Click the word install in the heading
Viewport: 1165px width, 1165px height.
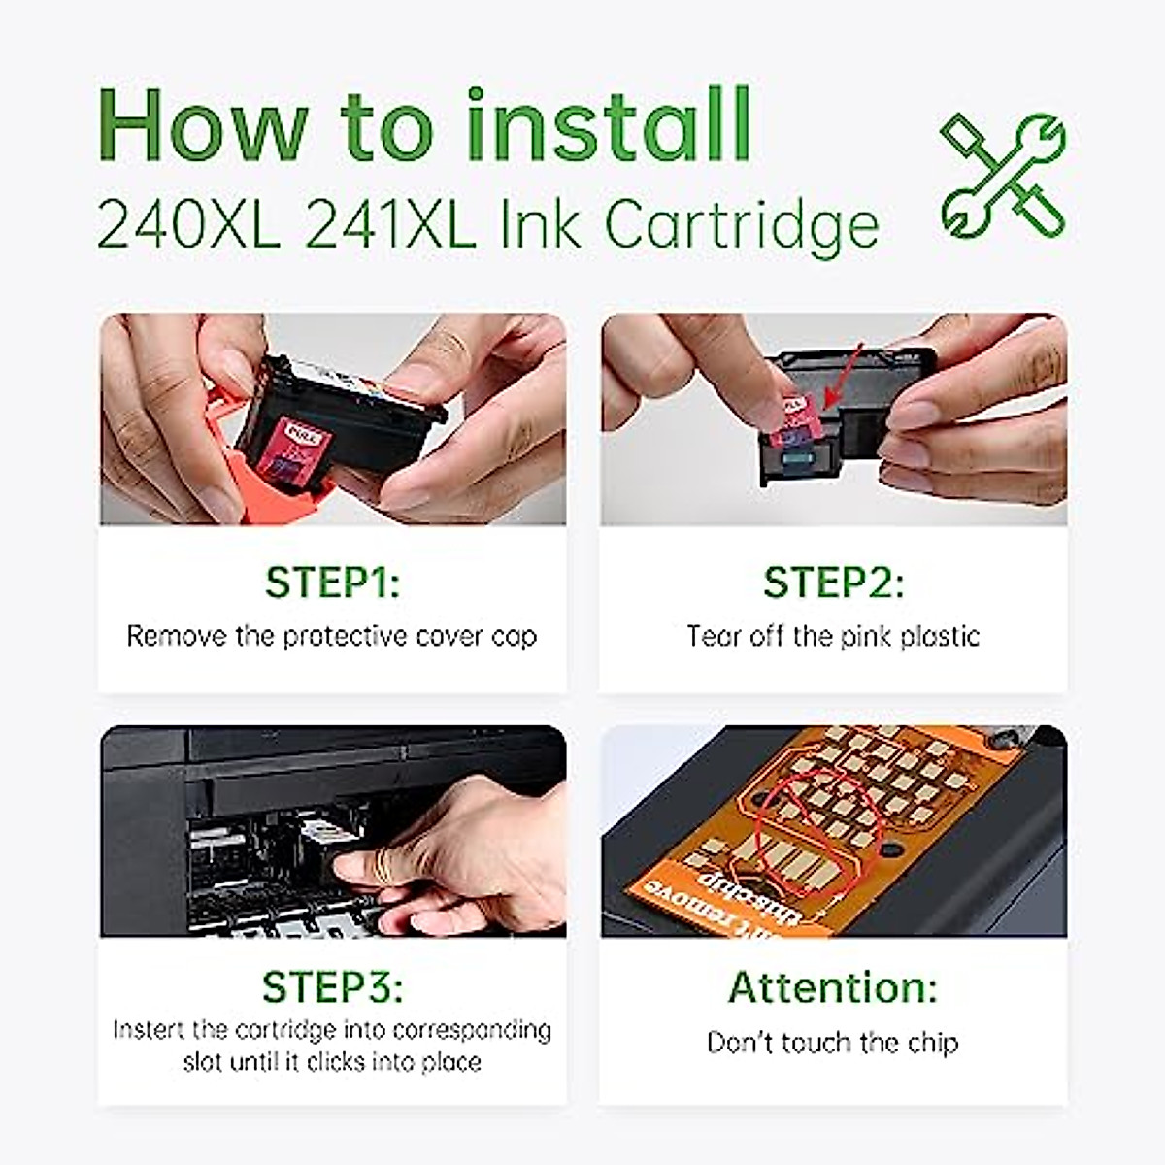pyautogui.click(x=609, y=126)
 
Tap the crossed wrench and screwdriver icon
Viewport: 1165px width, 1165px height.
pyautogui.click(x=1003, y=176)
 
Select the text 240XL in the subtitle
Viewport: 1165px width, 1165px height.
pyautogui.click(x=188, y=225)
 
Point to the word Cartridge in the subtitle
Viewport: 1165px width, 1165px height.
pyautogui.click(x=742, y=225)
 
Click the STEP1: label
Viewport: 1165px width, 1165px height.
pyautogui.click(x=332, y=582)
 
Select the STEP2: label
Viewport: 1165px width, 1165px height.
pyautogui.click(x=833, y=582)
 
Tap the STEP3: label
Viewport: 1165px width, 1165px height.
pyautogui.click(x=332, y=987)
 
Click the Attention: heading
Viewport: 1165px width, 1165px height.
pyautogui.click(x=833, y=987)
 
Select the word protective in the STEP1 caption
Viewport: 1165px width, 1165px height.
pyautogui.click(x=345, y=637)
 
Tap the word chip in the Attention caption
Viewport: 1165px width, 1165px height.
pyautogui.click(x=932, y=1043)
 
